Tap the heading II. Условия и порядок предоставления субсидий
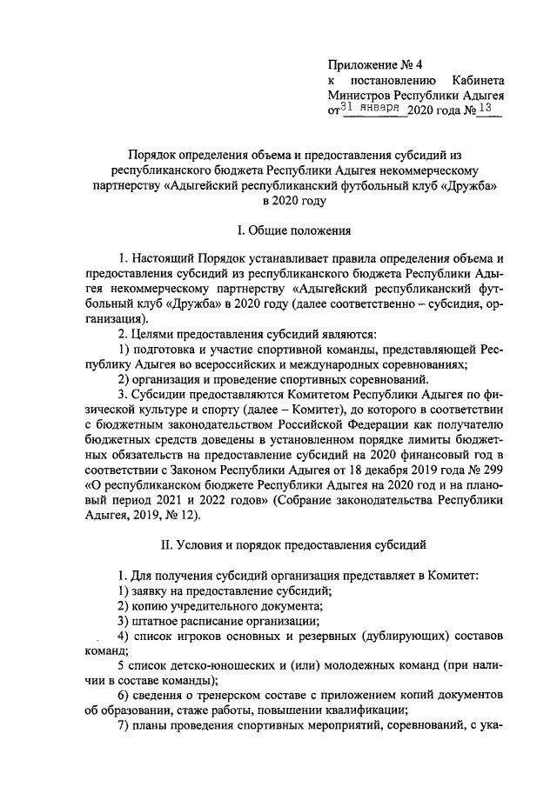(293, 546)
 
